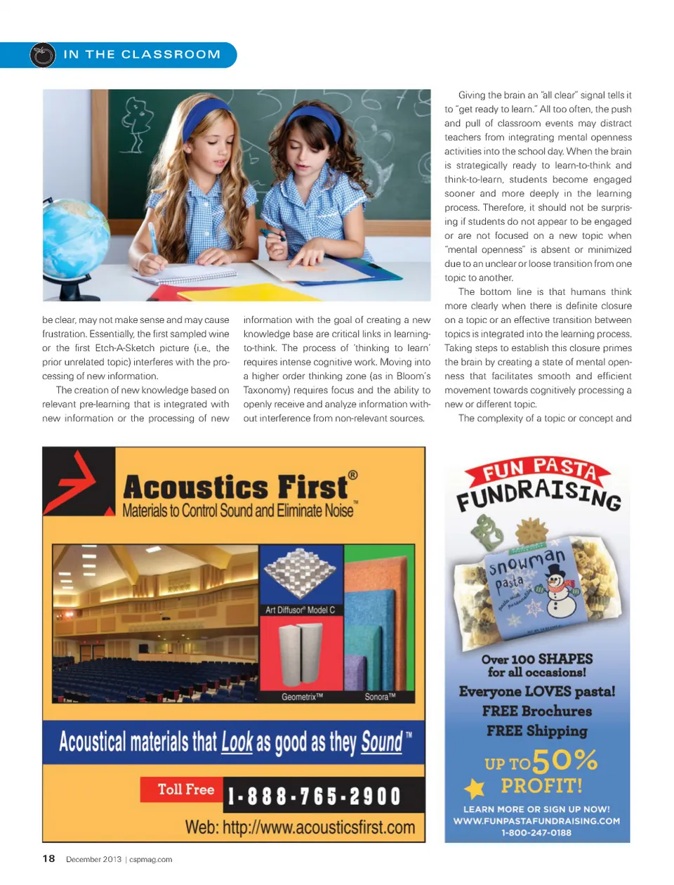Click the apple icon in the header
click(43, 55)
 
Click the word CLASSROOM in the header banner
click(171, 55)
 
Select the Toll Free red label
click(185, 789)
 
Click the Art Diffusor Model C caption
click(300, 610)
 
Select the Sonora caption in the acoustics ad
click(380, 697)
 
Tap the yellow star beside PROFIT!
click(475, 788)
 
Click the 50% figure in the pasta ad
click(565, 760)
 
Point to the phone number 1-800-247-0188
click(536, 833)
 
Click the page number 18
click(48, 858)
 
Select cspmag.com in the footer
click(151, 859)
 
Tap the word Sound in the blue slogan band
click(381, 742)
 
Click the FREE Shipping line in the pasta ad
click(536, 730)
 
